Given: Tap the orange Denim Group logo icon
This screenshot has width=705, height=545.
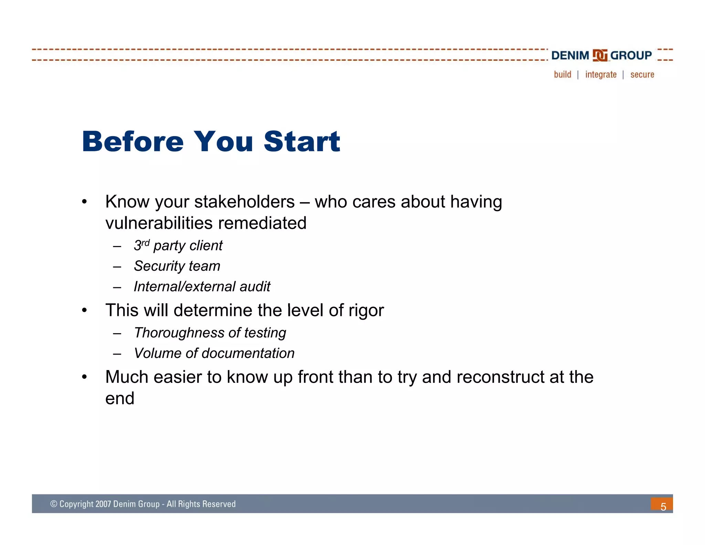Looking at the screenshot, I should pos(600,55).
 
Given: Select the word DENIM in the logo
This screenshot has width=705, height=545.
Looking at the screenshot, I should pos(570,55).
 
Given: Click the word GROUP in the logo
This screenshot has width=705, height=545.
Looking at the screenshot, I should pos(631,55).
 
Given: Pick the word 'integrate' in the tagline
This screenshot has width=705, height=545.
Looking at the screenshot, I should pos(601,75).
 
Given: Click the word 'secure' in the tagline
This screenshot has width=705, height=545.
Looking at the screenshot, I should pos(642,75).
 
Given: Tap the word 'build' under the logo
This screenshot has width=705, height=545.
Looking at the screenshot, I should pos(562,75).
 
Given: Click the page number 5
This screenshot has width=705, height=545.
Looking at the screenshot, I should pos(663,506).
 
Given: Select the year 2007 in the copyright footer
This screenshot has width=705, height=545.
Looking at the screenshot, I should pos(103,504).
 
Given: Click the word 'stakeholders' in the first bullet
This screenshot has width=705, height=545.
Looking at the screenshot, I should pos(244,202).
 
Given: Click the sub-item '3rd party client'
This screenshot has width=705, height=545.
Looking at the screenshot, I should pos(178,246).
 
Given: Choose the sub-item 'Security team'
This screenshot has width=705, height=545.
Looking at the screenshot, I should pos(177,266).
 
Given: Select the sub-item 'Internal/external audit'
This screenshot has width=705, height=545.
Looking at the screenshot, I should pos(202,287).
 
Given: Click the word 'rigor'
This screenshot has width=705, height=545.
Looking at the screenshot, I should pos(366,310).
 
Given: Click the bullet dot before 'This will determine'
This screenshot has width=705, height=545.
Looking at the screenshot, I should pos(84,310).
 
